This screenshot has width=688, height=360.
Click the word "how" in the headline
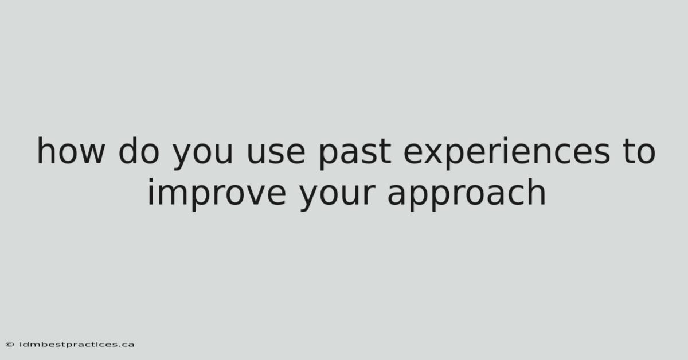[71, 150]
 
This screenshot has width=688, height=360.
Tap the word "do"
[139, 150]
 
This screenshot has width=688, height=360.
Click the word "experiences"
[507, 152]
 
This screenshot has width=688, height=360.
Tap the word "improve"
[217, 194]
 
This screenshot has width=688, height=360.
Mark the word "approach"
[467, 194]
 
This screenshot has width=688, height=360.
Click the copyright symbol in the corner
[10, 345]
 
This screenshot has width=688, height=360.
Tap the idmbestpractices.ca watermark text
[77, 345]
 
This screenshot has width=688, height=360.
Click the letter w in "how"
[91, 153]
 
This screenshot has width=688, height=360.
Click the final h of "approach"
[537, 191]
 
